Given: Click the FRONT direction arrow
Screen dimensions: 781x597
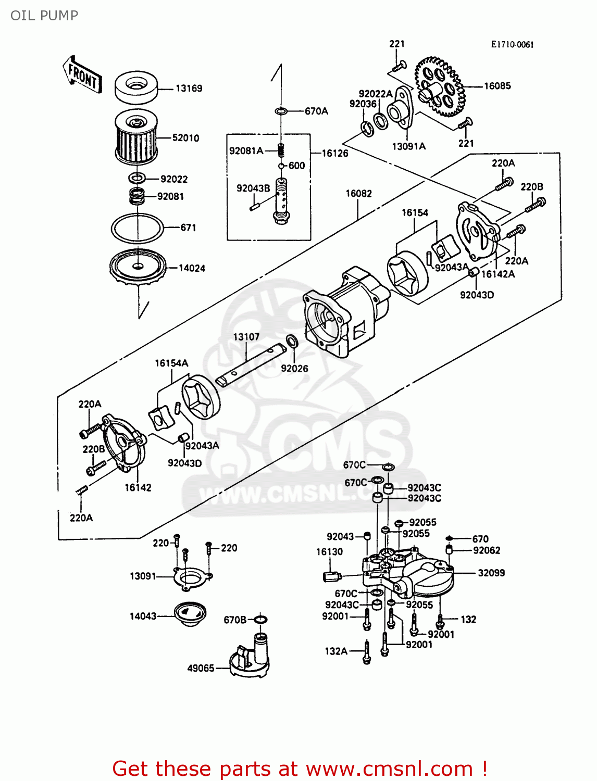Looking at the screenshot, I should (82, 75).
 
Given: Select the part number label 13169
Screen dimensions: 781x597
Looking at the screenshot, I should (189, 89).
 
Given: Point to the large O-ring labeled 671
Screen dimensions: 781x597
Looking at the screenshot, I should (137, 228).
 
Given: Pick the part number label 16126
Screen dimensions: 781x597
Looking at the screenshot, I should (334, 153).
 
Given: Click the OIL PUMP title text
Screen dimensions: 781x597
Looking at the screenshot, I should (44, 16).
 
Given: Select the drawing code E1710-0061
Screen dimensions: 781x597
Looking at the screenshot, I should (512, 45).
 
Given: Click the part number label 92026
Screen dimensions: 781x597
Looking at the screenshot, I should (294, 369).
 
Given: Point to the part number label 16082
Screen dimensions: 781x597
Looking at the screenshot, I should (358, 194).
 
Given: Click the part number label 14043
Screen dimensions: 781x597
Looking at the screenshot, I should (143, 616).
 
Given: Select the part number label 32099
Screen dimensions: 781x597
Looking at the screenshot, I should (491, 573).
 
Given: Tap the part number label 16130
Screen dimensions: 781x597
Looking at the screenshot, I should (329, 552).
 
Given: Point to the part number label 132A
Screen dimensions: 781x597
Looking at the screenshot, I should (336, 651).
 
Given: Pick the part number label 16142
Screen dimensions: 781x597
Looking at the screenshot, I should (138, 488).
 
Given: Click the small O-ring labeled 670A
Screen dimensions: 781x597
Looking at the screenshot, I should (281, 111).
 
